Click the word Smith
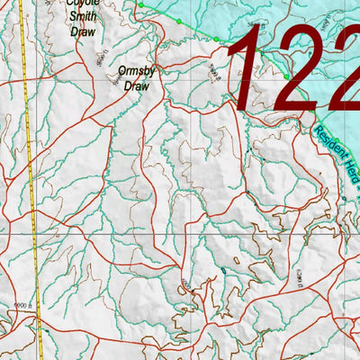tap(82, 15)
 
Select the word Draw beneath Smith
tap(82, 31)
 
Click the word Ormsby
tap(136, 70)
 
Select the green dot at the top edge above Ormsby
tap(140, 4)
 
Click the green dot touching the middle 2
tap(287, 77)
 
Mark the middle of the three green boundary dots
tap(179, 22)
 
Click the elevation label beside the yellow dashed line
tap(11, 304)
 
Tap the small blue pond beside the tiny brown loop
tap(222, 268)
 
